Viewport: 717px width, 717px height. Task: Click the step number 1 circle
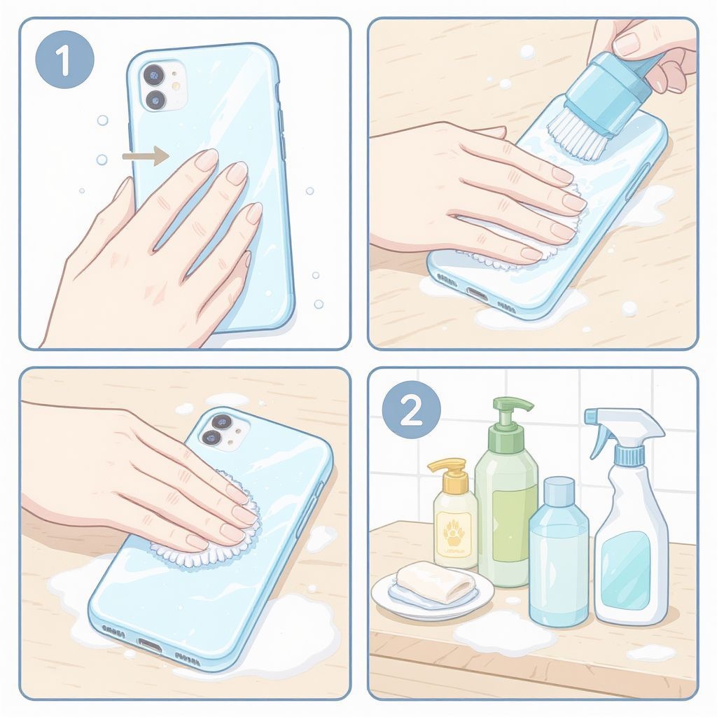point(64,59)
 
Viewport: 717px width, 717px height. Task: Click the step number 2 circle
point(411,410)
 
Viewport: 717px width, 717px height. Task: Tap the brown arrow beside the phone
point(146,156)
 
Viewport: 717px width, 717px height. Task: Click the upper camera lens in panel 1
point(154,74)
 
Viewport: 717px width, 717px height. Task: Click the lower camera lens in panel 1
point(155,99)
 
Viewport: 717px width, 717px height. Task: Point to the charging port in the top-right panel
point(478,293)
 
